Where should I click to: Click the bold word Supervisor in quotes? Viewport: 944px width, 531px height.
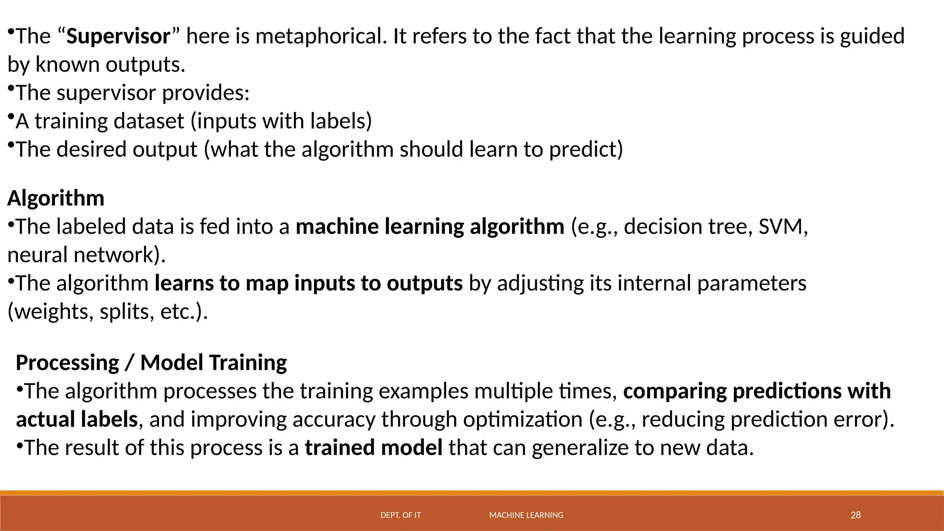(x=118, y=36)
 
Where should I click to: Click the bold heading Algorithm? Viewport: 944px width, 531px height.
(x=56, y=199)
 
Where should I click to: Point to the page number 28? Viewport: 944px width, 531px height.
(x=855, y=515)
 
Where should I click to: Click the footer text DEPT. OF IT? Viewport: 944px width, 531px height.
(x=401, y=515)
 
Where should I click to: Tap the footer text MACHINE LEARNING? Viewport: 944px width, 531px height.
(x=526, y=515)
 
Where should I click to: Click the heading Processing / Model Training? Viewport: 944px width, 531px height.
(x=151, y=363)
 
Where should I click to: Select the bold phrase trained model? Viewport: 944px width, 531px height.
(x=373, y=448)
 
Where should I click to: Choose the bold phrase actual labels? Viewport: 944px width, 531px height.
(x=77, y=419)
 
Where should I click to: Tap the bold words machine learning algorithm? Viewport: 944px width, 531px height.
(x=430, y=227)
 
